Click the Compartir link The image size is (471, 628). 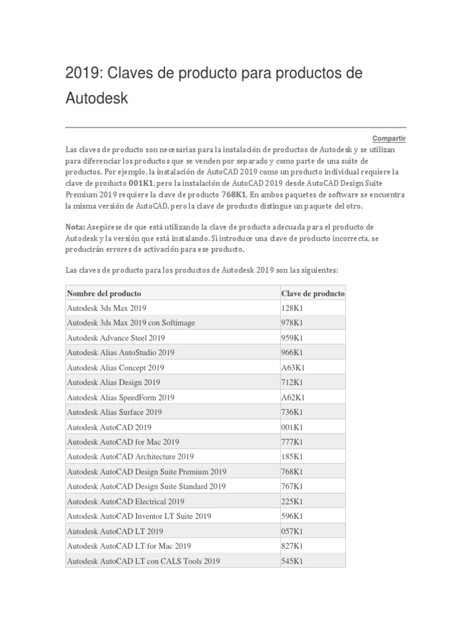coord(389,139)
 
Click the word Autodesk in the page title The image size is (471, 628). coord(97,98)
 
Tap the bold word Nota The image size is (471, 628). coord(75,226)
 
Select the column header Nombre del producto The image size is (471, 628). coord(104,293)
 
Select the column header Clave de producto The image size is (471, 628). coord(312,293)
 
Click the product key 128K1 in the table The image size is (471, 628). coord(292,308)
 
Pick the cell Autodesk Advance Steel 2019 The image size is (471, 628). coord(116,338)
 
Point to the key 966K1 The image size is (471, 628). coord(292,353)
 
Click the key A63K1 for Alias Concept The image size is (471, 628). coord(293,368)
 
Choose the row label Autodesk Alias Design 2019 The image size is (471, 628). coord(113,383)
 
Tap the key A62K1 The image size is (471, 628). coord(293,397)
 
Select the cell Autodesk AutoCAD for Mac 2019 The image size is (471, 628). coord(123,442)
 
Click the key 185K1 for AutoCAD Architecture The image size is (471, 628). coord(292,457)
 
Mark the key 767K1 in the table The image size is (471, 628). coord(292,486)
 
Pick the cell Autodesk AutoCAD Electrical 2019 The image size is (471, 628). coord(126,502)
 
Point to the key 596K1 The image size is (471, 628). coord(292,516)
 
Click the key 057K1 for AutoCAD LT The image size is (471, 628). coord(292,531)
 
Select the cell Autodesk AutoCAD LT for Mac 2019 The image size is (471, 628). coord(129,546)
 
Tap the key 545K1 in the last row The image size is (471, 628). coord(292,561)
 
